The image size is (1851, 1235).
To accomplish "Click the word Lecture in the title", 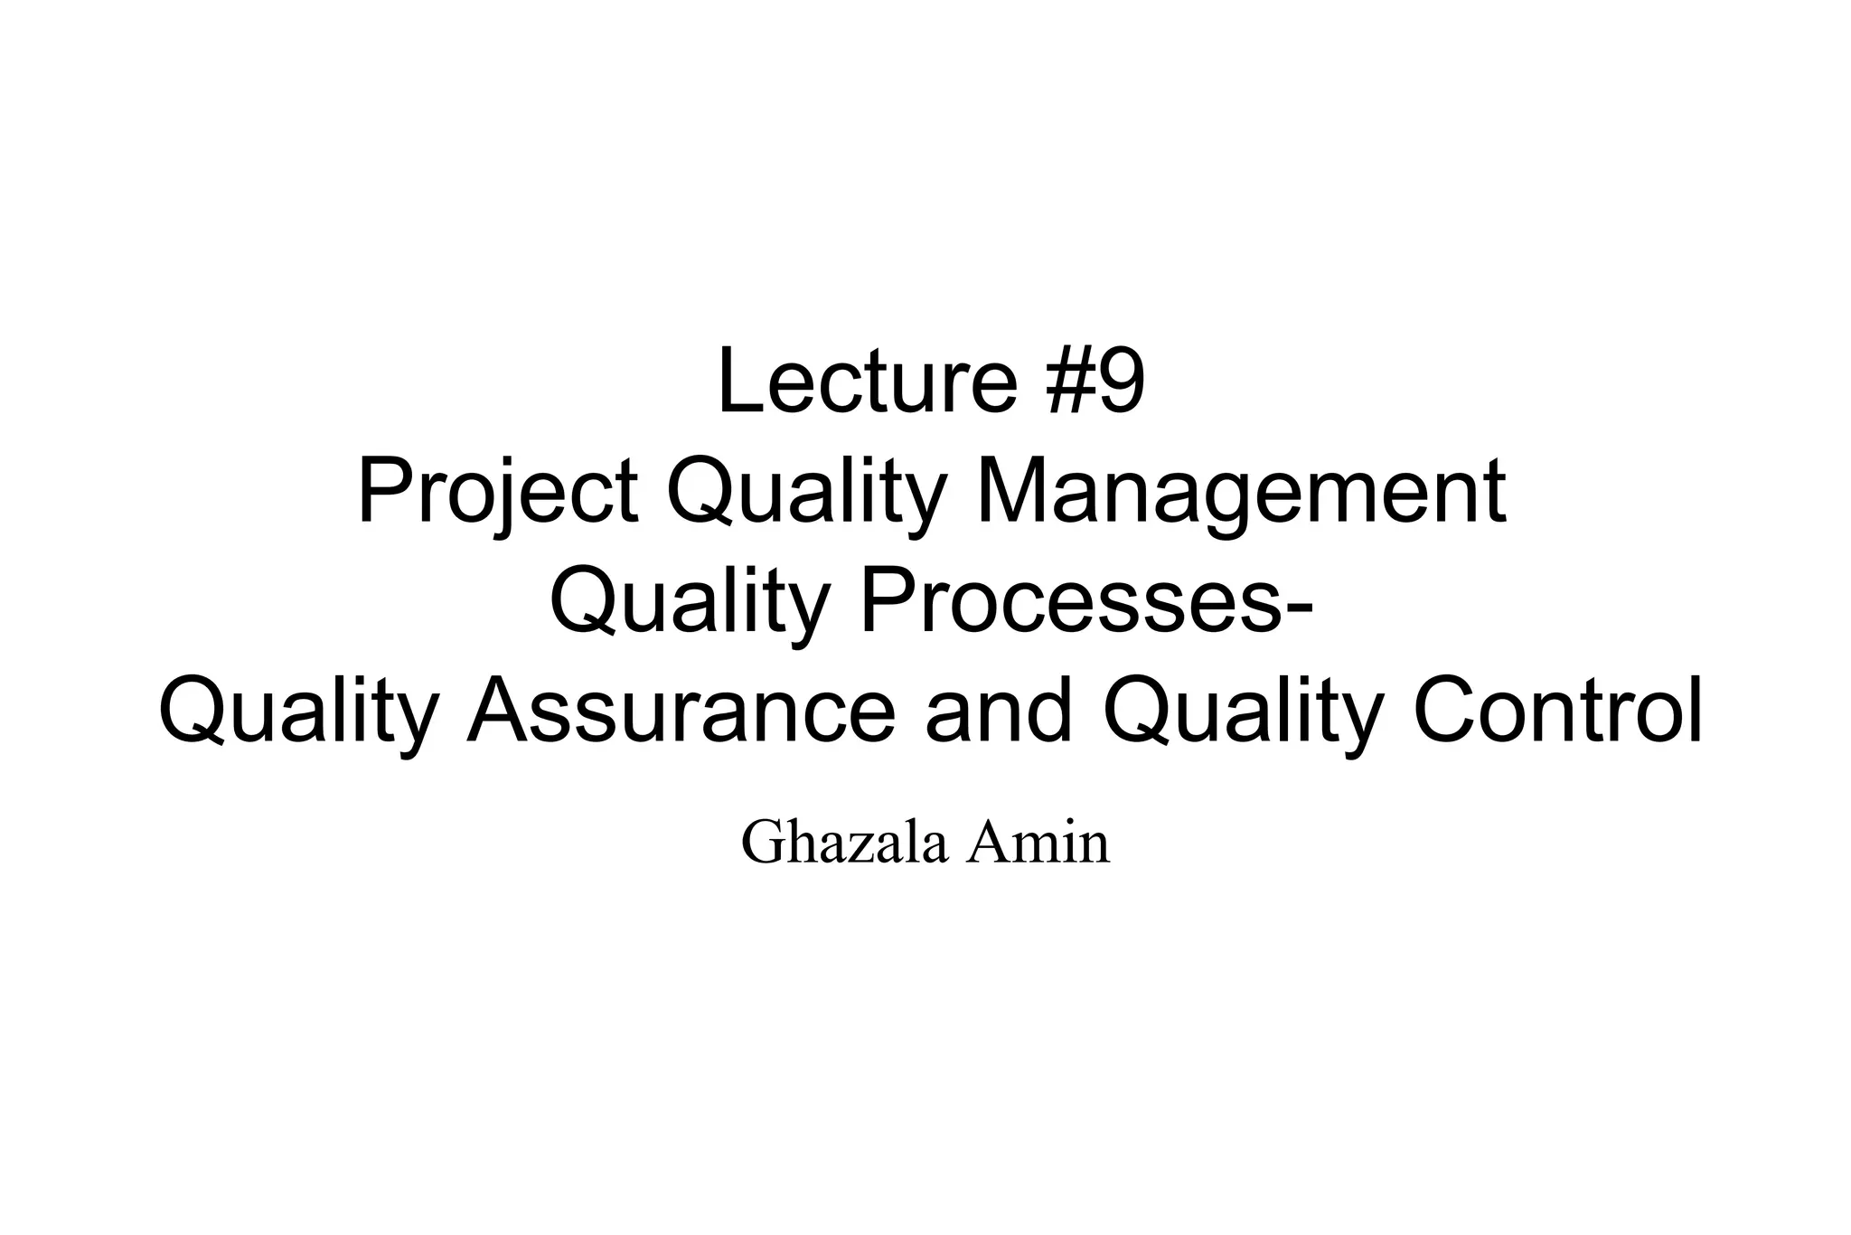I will pyautogui.click(x=866, y=383).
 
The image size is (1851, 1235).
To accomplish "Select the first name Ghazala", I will pyautogui.click(x=845, y=843).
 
